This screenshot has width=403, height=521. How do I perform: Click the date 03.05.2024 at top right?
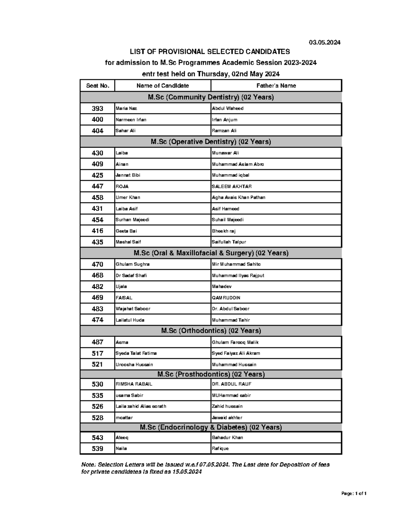(x=324, y=42)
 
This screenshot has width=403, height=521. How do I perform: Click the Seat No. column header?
(x=97, y=86)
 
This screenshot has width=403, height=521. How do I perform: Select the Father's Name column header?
(x=276, y=86)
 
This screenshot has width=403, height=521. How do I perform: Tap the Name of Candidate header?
(x=163, y=86)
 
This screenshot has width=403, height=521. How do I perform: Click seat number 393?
(x=97, y=108)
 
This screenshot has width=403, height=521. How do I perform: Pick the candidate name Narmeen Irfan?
(x=131, y=120)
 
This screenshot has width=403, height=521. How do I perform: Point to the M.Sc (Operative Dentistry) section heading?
(x=211, y=142)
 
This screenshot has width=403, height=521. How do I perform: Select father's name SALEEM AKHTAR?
(x=232, y=187)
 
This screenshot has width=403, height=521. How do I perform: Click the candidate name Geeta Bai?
(x=126, y=231)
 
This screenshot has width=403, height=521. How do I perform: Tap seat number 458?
(x=97, y=198)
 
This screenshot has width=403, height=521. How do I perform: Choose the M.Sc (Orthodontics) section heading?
(x=211, y=331)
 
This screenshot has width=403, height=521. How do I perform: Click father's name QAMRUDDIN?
(x=226, y=298)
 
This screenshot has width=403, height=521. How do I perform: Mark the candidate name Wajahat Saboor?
(x=133, y=309)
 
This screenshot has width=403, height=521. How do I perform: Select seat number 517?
(x=97, y=353)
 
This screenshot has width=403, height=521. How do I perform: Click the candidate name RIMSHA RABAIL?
(x=134, y=384)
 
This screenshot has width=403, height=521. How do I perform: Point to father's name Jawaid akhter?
(x=227, y=418)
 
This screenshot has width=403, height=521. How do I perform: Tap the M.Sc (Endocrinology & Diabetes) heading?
(x=211, y=427)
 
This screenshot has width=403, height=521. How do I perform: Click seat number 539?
(x=97, y=449)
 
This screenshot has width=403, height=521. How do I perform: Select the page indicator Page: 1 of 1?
(x=354, y=493)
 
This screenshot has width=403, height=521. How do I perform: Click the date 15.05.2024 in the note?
(x=187, y=472)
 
